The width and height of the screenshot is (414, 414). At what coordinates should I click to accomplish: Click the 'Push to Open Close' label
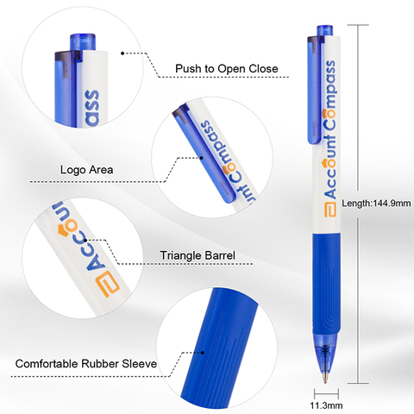(x=227, y=69)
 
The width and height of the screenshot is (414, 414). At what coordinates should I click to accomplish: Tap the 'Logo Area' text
(x=86, y=170)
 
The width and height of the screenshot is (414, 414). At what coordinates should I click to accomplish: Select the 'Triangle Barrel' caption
(x=198, y=255)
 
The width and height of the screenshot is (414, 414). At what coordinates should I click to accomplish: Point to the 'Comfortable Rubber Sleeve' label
(x=86, y=364)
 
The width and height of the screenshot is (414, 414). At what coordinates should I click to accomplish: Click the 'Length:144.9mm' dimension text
(x=376, y=204)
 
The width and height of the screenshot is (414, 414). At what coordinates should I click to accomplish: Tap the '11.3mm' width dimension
(x=326, y=405)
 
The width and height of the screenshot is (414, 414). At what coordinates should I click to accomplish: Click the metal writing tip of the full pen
(x=325, y=377)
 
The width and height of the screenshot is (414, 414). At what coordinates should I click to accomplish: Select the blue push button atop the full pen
(x=325, y=31)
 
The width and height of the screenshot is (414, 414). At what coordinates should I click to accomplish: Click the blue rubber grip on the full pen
(x=327, y=283)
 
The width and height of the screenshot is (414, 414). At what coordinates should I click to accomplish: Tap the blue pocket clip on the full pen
(x=314, y=90)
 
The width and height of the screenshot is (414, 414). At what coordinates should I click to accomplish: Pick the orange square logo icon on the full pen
(x=330, y=210)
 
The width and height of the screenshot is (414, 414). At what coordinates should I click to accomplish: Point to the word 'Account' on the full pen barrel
(x=330, y=166)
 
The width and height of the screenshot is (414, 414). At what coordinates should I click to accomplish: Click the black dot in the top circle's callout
(x=122, y=53)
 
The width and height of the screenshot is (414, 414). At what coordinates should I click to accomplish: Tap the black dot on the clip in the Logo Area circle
(x=202, y=158)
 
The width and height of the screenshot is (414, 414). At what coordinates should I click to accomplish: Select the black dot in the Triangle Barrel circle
(x=85, y=240)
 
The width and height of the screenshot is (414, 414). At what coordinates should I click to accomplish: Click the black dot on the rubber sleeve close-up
(x=203, y=353)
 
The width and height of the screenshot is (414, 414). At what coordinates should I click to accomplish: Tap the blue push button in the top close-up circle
(x=83, y=41)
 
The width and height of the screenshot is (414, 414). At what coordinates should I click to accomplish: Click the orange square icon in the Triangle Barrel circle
(x=109, y=284)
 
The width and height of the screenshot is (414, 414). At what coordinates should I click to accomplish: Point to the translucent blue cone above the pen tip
(x=326, y=351)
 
